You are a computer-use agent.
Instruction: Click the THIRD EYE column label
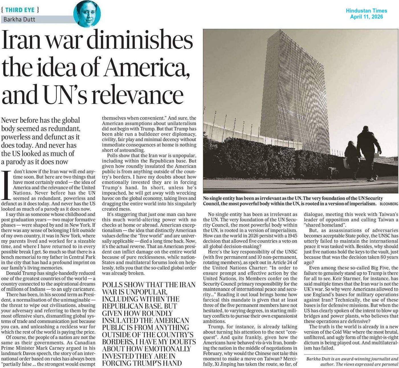[20, 10]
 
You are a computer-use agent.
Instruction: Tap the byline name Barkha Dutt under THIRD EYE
[19, 19]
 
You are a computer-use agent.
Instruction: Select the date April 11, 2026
[366, 17]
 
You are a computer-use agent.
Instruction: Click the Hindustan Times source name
[366, 11]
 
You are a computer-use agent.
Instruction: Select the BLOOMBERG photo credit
[389, 204]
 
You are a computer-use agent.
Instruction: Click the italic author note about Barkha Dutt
[352, 361]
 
